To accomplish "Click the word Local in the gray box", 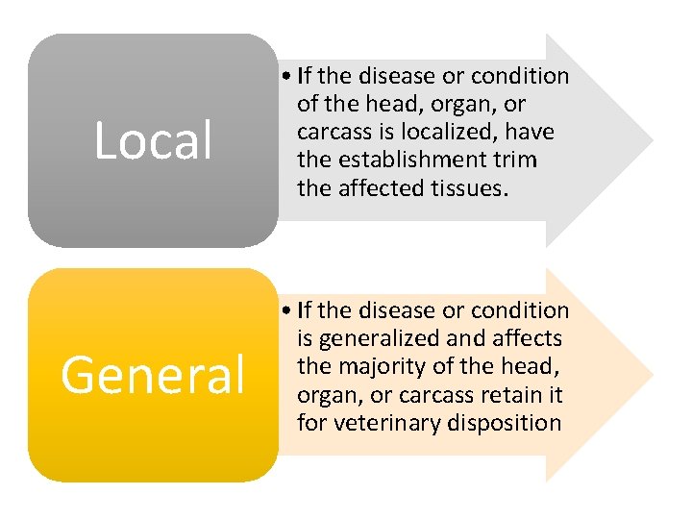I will point(153,141).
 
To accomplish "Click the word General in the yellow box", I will point(153,376).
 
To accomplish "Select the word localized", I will point(452,131).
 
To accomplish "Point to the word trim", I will point(517,159).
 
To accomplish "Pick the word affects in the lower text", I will point(527,337).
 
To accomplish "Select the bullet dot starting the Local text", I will point(287,76).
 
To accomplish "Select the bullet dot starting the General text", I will point(287,310).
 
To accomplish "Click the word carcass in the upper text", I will point(332,131).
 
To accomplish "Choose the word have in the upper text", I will point(531,131).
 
